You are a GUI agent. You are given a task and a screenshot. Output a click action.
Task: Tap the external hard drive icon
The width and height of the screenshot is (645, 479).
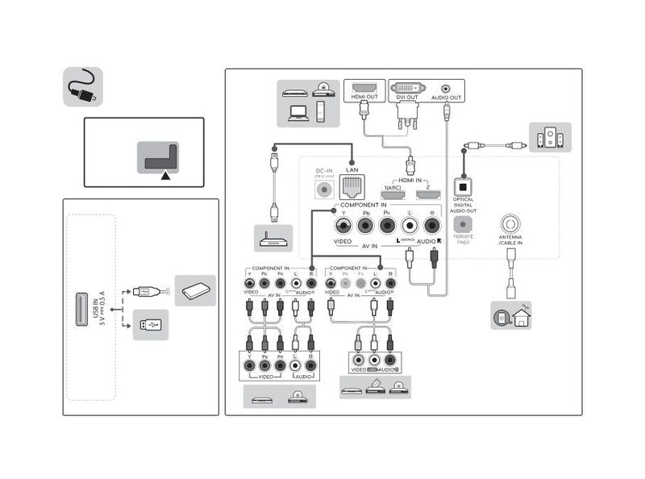(195, 290)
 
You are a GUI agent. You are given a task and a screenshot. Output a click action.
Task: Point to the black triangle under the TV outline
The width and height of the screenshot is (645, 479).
(165, 173)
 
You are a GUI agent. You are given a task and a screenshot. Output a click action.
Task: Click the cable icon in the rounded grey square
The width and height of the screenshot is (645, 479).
(83, 87)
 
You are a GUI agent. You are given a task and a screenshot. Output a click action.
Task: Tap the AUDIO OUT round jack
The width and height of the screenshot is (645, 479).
(446, 88)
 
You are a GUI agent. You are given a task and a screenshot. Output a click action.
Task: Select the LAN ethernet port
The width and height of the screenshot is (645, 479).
(352, 189)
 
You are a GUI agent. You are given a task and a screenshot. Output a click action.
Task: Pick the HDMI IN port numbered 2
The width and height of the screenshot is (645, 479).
(427, 194)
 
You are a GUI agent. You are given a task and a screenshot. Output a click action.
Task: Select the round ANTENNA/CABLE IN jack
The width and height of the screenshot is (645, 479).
(510, 223)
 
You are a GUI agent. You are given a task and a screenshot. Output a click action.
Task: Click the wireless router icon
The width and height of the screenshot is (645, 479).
(273, 238)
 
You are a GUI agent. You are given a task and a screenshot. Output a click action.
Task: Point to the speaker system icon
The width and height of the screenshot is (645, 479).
(550, 138)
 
